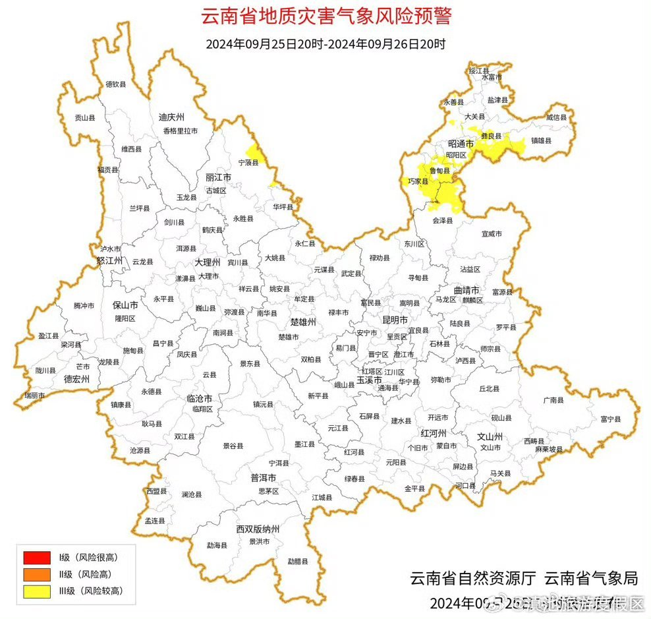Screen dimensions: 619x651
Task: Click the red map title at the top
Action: click(325, 16)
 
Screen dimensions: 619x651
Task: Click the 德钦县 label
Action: click(115, 84)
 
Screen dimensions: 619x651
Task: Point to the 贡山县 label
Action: click(85, 118)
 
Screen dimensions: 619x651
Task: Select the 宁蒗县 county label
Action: click(248, 162)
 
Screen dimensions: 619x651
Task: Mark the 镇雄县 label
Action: click(542, 140)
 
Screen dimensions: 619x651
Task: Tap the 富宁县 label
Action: click(611, 419)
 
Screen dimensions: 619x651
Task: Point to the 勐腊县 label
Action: click(297, 562)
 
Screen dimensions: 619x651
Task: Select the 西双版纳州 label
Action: click(258, 529)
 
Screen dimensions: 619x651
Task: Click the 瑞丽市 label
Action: click(34, 396)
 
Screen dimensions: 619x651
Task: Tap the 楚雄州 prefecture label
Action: click(304, 322)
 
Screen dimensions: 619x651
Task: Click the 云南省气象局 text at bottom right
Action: click(591, 579)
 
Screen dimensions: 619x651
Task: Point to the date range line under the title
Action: click(325, 45)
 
